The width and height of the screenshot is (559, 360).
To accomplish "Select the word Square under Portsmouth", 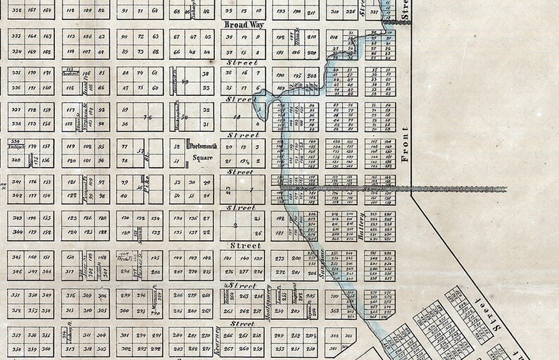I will tap(205, 159).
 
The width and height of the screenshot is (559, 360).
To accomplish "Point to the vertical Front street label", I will tap(404, 145).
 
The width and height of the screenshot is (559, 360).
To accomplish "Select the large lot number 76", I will tap(146, 117).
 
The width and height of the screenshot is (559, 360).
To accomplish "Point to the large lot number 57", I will tap(140, 151).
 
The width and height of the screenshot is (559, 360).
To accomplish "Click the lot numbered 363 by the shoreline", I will tap(334, 310).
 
